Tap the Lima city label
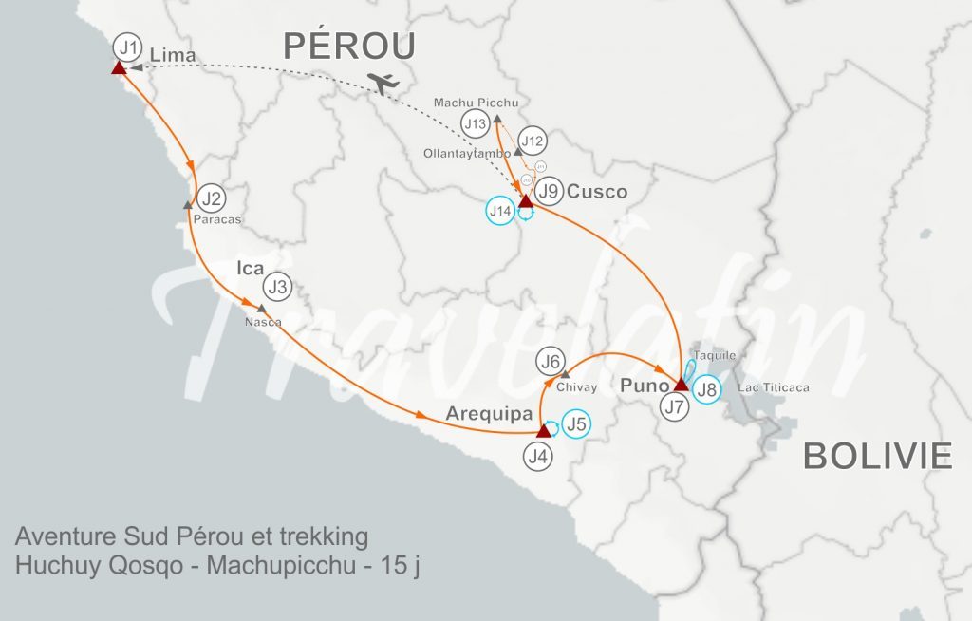(173, 55)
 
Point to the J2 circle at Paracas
(212, 199)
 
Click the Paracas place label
(216, 219)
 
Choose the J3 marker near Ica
(277, 286)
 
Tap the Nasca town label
(263, 322)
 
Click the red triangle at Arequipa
(543, 431)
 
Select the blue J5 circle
(575, 423)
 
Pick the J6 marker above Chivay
(551, 361)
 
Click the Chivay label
(577, 387)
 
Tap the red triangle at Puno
(681, 385)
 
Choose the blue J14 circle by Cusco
(499, 210)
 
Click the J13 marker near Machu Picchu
(476, 122)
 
